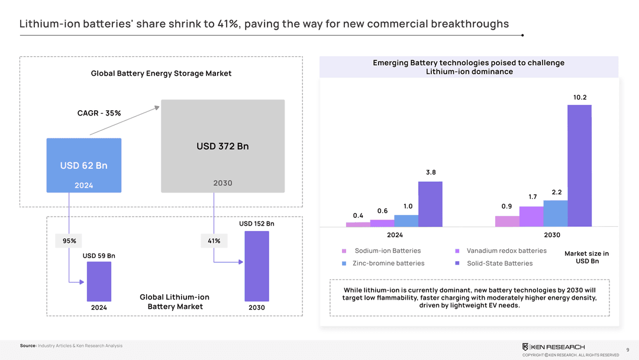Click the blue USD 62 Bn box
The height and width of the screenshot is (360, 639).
click(x=83, y=165)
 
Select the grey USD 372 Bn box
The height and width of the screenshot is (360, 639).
click(x=222, y=146)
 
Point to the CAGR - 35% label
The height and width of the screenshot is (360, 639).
click(x=99, y=113)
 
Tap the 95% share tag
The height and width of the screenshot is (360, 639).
click(x=69, y=241)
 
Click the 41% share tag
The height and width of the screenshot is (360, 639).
click(x=214, y=241)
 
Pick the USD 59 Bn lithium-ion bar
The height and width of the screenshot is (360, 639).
click(x=99, y=281)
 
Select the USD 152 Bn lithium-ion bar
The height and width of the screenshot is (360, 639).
click(x=257, y=266)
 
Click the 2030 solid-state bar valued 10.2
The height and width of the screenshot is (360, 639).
click(x=579, y=166)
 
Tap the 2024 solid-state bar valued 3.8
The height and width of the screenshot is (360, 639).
click(x=430, y=204)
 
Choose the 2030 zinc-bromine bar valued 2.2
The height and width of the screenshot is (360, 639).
click(x=555, y=213)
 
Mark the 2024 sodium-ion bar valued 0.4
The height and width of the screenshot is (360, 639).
click(x=358, y=224)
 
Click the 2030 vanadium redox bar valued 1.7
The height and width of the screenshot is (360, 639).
click(x=531, y=216)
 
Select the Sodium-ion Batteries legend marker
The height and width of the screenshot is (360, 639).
click(x=344, y=251)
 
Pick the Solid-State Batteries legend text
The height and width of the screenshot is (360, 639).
click(x=499, y=263)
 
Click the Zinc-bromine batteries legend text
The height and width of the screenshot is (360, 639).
click(x=388, y=263)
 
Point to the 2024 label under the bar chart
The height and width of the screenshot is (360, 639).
click(x=395, y=235)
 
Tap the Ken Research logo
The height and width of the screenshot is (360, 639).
click(x=553, y=347)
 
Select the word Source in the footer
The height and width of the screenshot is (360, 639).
click(x=28, y=346)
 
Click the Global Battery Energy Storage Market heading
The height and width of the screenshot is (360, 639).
click(x=161, y=73)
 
